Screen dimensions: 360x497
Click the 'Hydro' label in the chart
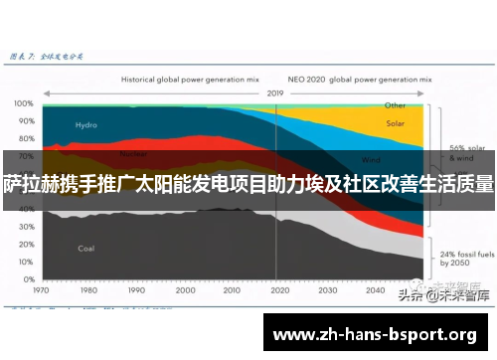point(86,124)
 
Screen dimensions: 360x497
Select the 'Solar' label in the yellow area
point(395,124)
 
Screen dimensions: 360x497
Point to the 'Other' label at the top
point(395,104)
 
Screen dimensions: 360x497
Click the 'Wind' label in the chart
point(371,158)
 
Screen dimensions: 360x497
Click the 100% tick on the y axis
point(23,102)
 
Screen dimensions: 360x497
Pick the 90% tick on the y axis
point(23,120)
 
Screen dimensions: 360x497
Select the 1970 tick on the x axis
point(42,291)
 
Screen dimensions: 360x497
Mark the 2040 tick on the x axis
point(374,291)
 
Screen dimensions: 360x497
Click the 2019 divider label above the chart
point(275,92)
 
